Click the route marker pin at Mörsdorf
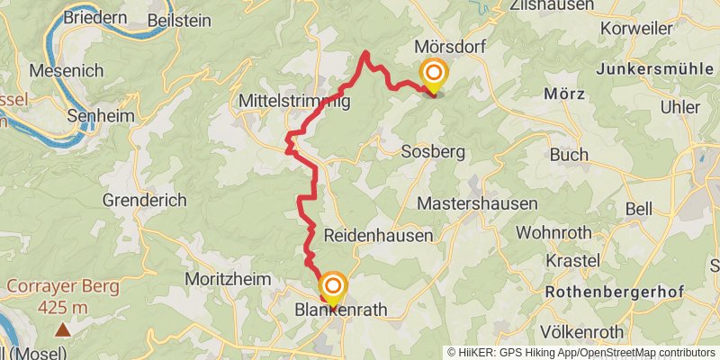pos(434,76)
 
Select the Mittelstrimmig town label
pos(293,103)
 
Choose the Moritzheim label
pos(228,280)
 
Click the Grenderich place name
pos(145,200)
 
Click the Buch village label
pos(569,155)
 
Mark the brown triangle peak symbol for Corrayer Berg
pos(62,330)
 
